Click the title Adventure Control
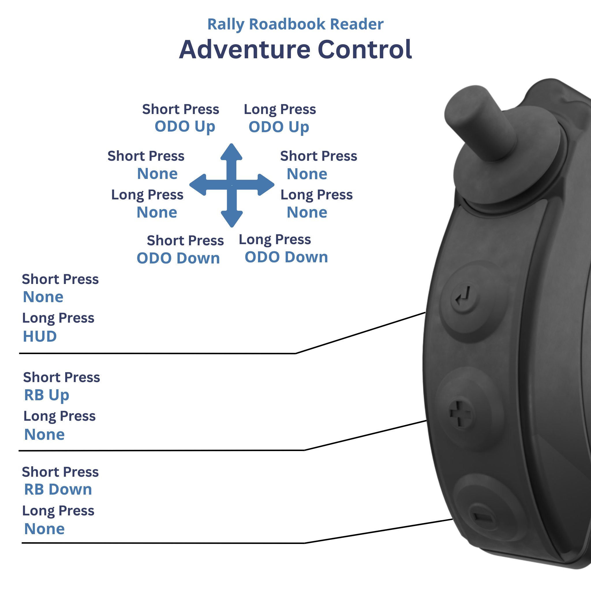pyautogui.click(x=295, y=50)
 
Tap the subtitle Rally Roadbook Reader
pyautogui.click(x=295, y=24)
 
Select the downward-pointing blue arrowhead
pyautogui.click(x=231, y=218)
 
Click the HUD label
pyautogui.click(x=40, y=336)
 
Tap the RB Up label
pyautogui.click(x=46, y=395)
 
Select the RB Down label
pyautogui.click(x=58, y=489)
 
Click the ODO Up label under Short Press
pyautogui.click(x=185, y=127)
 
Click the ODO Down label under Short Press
pyautogui.click(x=178, y=259)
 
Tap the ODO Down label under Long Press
pyautogui.click(x=286, y=257)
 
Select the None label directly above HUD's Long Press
pyautogui.click(x=43, y=297)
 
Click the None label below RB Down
pyautogui.click(x=44, y=529)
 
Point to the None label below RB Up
pyautogui.click(x=44, y=435)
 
